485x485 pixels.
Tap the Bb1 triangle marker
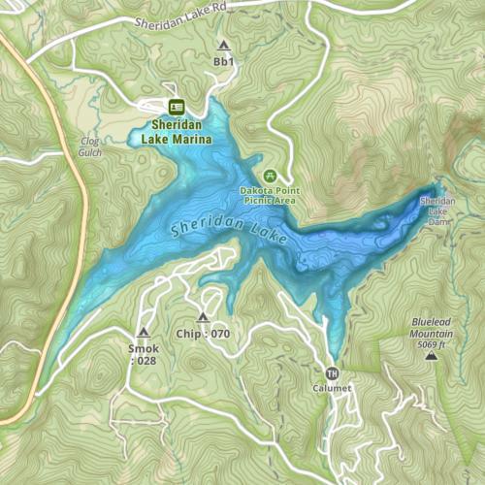(224, 45)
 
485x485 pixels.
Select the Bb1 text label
(224, 61)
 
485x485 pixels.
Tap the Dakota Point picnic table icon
(270, 176)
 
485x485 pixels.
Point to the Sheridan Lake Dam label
(436, 211)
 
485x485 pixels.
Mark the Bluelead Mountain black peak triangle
(431, 357)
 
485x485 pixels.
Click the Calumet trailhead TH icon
(332, 372)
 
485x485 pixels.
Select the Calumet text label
(332, 389)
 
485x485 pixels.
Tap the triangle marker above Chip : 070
(203, 317)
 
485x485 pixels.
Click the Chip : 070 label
(203, 334)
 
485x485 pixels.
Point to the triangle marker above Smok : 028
(143, 332)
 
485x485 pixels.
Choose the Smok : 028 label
(143, 354)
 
